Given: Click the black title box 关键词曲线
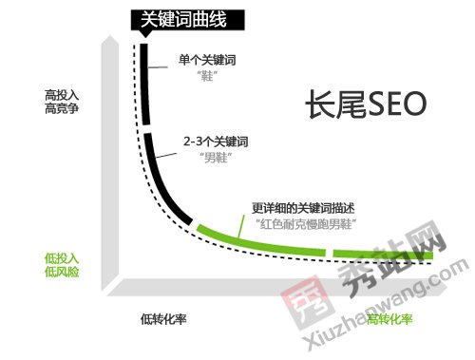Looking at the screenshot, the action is pos(182,18).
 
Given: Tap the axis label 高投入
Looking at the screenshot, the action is pos(60,95).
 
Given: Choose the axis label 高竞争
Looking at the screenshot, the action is pos(60,109).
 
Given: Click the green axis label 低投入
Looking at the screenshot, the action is pos(60,257).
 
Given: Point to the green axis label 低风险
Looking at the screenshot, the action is pos(60,272).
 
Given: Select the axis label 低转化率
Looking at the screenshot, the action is pos(163,318).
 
